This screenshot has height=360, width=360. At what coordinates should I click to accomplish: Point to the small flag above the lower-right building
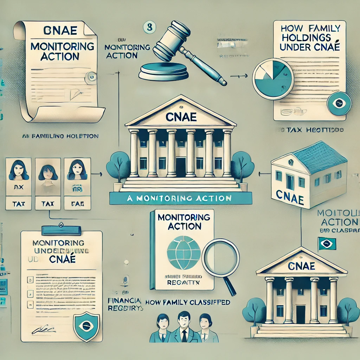327,244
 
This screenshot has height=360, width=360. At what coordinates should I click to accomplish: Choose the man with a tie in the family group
182,328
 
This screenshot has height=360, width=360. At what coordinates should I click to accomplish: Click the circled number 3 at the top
149,27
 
